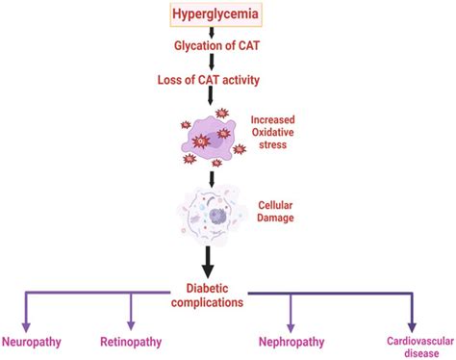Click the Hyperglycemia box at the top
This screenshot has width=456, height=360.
tap(211, 15)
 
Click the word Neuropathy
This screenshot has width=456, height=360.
tap(35, 341)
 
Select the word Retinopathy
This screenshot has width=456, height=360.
tap(132, 341)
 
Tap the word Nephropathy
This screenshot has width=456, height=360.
tap(291, 341)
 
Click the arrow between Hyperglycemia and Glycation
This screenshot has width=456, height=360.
tap(211, 35)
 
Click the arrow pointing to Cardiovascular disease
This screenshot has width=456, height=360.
tap(412, 310)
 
